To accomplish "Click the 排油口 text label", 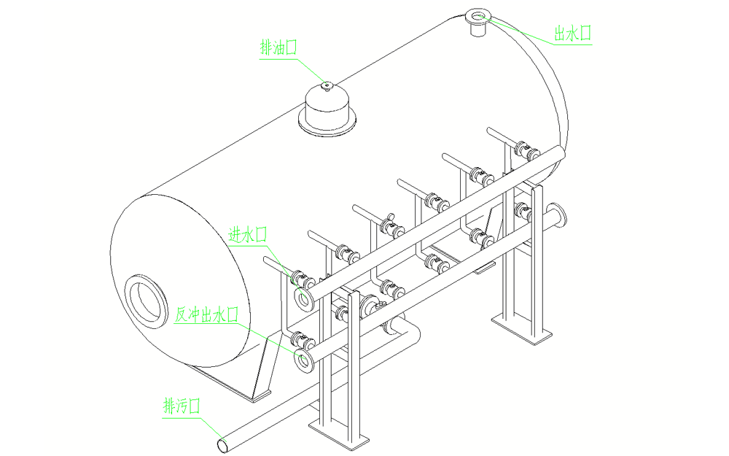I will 278,49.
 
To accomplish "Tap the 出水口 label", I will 572,34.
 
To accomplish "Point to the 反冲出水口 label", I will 208,315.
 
